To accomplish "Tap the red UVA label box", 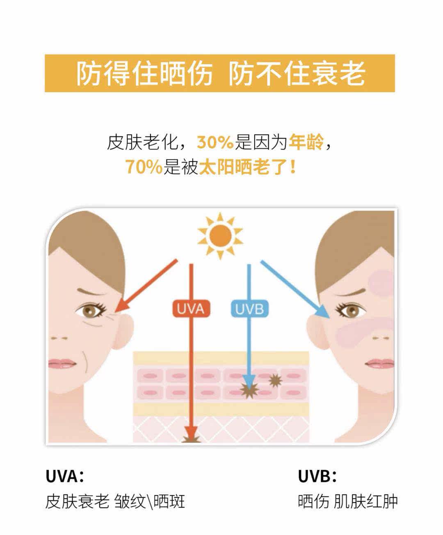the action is pyautogui.click(x=191, y=309).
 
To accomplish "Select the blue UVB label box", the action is pyautogui.click(x=249, y=309).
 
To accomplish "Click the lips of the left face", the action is pyautogui.click(x=62, y=363).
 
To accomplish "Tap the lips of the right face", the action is pyautogui.click(x=379, y=363).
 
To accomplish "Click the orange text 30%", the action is pyautogui.click(x=215, y=143).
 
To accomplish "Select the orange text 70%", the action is pyautogui.click(x=144, y=167).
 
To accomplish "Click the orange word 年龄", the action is pyautogui.click(x=306, y=143).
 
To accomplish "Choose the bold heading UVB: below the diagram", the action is pyautogui.click(x=317, y=476).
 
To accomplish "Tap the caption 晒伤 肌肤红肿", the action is pyautogui.click(x=347, y=501).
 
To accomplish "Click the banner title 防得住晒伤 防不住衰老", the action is pyautogui.click(x=220, y=73).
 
